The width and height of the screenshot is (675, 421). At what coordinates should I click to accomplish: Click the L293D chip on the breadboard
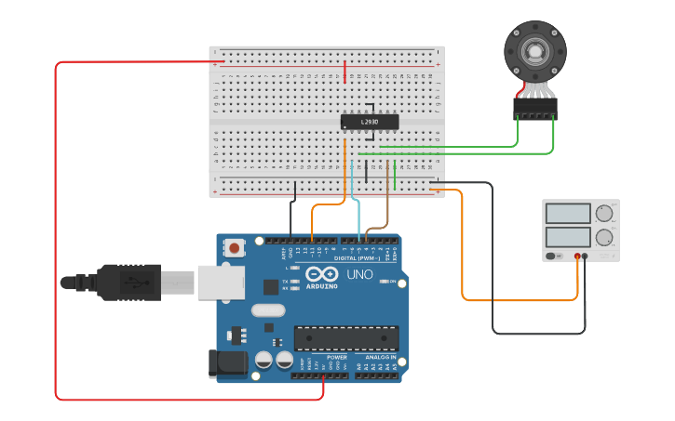[x=370, y=122]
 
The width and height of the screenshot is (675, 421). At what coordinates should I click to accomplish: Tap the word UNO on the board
[x=356, y=275]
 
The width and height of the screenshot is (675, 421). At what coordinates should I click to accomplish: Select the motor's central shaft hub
[x=534, y=50]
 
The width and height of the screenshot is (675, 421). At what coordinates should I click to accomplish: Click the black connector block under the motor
[x=534, y=109]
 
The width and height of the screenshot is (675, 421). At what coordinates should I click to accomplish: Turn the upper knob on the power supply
[x=606, y=213]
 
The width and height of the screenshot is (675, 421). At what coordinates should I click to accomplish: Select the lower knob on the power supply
[x=606, y=237]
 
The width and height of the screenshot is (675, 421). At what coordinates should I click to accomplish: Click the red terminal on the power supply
[x=577, y=256]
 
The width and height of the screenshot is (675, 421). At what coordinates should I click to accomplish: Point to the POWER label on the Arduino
[x=336, y=357]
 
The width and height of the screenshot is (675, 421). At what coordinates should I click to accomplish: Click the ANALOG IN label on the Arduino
[x=380, y=357]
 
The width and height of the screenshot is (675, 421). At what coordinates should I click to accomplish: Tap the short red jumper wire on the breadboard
[x=344, y=72]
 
